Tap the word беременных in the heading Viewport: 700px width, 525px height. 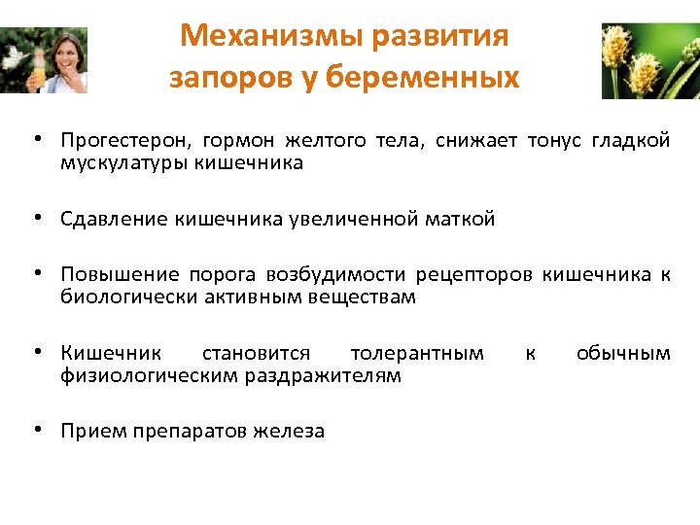pos(439,77)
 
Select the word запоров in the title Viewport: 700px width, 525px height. pos(216,77)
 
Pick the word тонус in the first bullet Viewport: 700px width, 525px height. pos(552,142)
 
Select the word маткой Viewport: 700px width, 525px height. pos(459,219)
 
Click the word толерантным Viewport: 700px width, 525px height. pos(417,353)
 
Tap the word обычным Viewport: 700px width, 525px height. pos(623,353)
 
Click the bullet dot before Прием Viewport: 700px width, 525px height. pos(36,429)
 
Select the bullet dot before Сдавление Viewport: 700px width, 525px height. pos(36,218)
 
